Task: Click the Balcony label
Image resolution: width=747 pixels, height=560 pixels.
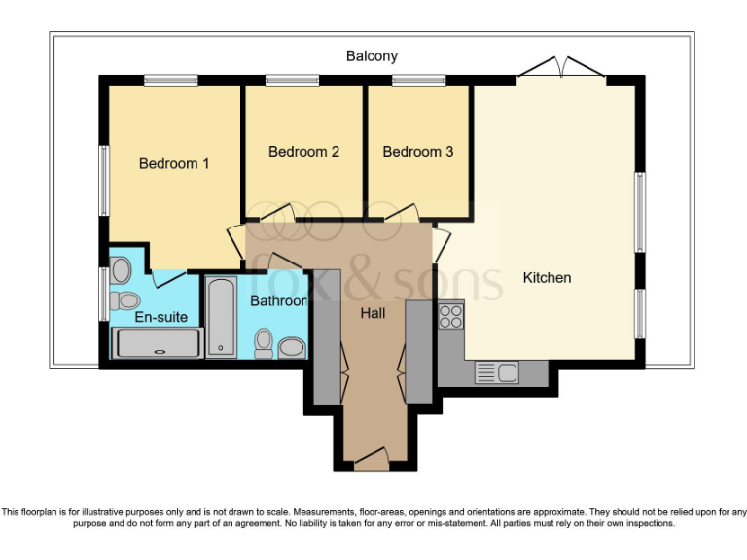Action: (x=372, y=56)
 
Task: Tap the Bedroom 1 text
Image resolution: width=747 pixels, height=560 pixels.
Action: (x=174, y=163)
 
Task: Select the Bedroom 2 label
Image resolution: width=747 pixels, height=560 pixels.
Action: (x=303, y=152)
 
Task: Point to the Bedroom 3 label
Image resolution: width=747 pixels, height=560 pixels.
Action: (x=417, y=152)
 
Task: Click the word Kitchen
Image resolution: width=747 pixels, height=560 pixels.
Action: (x=547, y=278)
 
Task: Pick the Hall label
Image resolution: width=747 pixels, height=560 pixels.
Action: (x=373, y=313)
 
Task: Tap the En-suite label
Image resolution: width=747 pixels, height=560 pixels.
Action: (x=161, y=317)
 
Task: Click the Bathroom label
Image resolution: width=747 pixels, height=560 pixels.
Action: (x=278, y=301)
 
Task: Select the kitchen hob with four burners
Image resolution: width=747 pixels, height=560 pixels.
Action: (x=450, y=315)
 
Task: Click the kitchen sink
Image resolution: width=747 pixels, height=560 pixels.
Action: (x=495, y=372)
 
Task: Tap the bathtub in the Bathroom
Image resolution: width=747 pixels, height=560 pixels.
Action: (x=220, y=318)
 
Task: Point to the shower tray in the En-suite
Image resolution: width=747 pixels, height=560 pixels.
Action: (x=158, y=343)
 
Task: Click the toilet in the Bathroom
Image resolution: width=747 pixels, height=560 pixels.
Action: (x=263, y=341)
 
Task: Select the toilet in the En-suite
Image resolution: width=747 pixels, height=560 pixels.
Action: (x=123, y=299)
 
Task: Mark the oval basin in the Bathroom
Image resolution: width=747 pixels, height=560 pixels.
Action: (x=291, y=347)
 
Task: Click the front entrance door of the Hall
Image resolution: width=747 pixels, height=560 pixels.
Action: (x=373, y=458)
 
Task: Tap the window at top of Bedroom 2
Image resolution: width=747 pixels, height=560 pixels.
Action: (x=285, y=80)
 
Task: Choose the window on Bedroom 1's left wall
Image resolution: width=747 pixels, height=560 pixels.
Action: (x=103, y=181)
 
